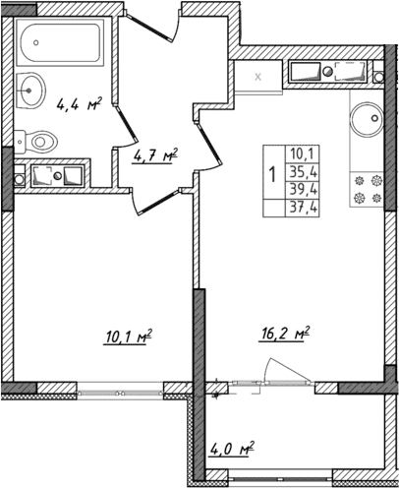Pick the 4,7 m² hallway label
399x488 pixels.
pyautogui.click(x=155, y=154)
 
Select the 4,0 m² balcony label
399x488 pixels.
pyautogui.click(x=232, y=451)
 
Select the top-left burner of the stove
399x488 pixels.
pyautogui.click(x=359, y=180)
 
